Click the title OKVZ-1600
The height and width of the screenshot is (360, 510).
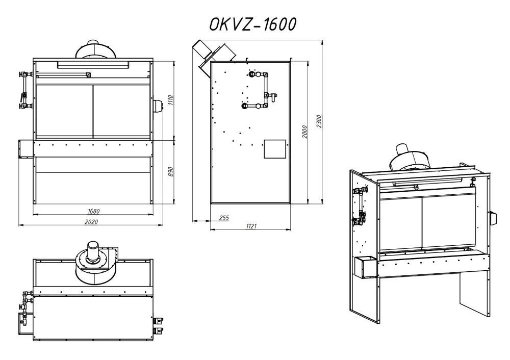point(252,24)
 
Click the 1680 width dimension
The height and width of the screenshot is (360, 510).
point(93,212)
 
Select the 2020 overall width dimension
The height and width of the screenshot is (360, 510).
point(91,222)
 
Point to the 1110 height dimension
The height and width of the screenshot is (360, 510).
point(171,100)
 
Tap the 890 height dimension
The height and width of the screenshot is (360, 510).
point(171,172)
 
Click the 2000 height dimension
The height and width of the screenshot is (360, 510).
point(304,132)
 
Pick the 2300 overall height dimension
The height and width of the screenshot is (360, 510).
point(319,121)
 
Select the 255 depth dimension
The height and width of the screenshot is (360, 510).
point(224,218)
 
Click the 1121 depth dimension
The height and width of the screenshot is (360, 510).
point(251,226)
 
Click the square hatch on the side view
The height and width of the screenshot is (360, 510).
point(275,149)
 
